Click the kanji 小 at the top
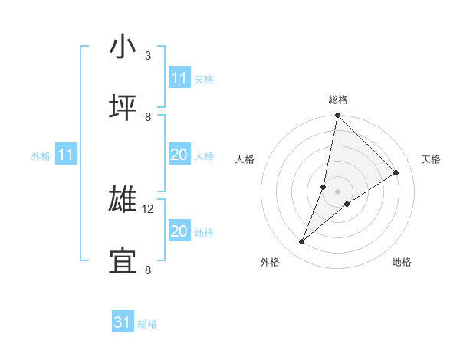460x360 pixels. coord(123,48)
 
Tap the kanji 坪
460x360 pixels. coord(123,108)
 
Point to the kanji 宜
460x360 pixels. coord(123,261)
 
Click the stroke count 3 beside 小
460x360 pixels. coord(148,56)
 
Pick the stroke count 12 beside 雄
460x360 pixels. coord(149,209)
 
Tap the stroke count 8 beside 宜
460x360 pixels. coord(148,270)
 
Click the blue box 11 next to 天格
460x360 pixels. coord(179,79)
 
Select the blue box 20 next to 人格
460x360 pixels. coord(179,155)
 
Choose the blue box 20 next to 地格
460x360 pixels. coord(179,231)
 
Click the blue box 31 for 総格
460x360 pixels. coord(123,323)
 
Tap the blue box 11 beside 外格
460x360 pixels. coord(66,155)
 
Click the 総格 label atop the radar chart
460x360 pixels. coord(338,100)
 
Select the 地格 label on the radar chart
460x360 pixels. coord(402,262)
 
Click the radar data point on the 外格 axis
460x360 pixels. coord(302,242)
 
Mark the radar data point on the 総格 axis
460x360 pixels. coord(337,116)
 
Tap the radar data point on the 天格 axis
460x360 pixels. coord(396,172)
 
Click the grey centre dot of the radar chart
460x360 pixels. coord(337,191)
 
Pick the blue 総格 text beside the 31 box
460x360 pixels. coord(147,324)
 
